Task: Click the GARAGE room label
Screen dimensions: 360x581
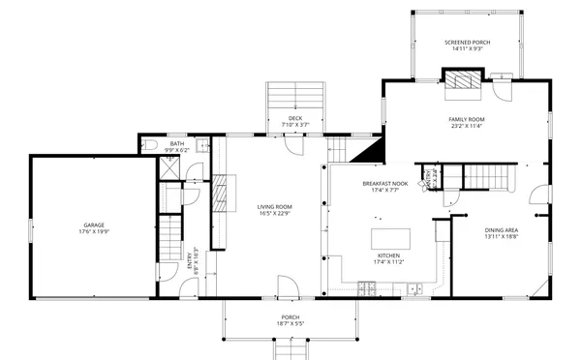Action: tap(93, 225)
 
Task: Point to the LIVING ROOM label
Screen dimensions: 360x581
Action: tap(274, 206)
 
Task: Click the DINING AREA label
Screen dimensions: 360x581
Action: tap(504, 230)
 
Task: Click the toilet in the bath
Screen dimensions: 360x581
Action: tap(148, 145)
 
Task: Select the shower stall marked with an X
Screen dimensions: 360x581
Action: tap(168, 166)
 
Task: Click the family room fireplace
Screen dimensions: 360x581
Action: tap(463, 79)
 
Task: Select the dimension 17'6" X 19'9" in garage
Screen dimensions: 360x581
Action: tap(93, 232)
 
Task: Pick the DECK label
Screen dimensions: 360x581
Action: tap(294, 118)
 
